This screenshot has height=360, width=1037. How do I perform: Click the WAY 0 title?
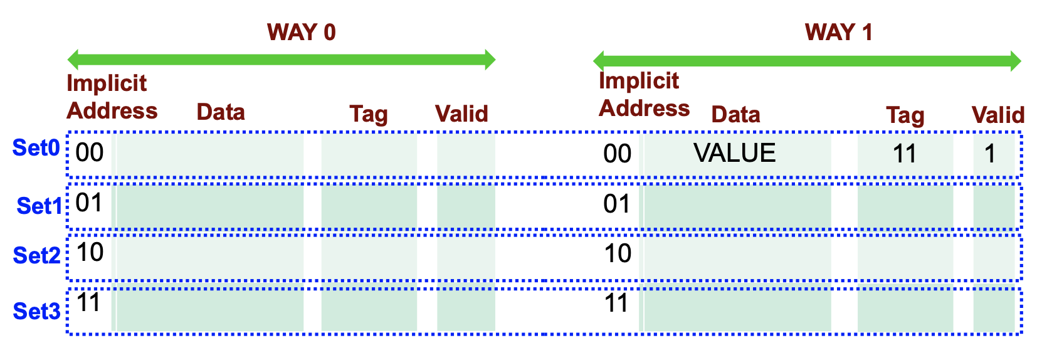point(301,32)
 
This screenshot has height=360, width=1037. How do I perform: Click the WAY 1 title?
point(838,32)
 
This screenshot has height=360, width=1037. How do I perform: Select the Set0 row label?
point(36,148)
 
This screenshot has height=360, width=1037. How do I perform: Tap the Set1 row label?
point(39,206)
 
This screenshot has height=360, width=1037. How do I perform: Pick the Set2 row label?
point(37,255)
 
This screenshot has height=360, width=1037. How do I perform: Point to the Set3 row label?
point(37,311)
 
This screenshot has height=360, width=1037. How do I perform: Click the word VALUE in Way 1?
point(734,153)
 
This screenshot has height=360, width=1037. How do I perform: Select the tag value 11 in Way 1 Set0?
point(904,154)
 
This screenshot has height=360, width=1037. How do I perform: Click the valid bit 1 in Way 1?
point(990,154)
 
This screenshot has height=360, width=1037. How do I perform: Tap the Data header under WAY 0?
point(221,112)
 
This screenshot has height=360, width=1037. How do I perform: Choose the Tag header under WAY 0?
point(369,114)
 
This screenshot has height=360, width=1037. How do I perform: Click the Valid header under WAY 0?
point(461,114)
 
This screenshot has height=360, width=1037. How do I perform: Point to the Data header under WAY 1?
point(735,115)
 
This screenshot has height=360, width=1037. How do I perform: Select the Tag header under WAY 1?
point(905,115)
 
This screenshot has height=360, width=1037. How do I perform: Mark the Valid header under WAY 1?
point(998,115)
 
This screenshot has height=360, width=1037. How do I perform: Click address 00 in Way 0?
point(90,152)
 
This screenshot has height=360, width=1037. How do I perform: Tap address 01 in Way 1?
point(617,204)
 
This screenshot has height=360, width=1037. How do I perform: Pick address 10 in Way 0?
point(90,252)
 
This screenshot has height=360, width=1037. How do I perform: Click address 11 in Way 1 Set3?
point(617,304)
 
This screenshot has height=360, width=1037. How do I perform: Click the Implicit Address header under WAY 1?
point(644,94)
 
